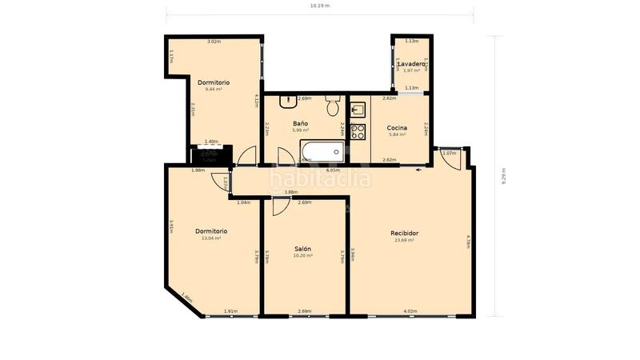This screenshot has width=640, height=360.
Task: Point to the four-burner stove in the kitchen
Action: (x=358, y=132)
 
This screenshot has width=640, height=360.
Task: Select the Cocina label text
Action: (x=397, y=128)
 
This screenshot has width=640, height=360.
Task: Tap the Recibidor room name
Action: (x=404, y=233)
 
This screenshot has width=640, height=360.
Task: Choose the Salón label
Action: (x=302, y=249)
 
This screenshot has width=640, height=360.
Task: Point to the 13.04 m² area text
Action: (x=211, y=238)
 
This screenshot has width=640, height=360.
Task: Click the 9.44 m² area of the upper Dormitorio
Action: (x=214, y=89)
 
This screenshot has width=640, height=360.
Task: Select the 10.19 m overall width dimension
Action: (x=320, y=6)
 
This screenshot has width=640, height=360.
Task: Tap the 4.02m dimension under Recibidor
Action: (x=410, y=311)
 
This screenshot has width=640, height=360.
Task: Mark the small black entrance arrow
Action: (x=419, y=170)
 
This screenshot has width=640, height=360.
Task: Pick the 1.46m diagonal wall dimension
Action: (x=186, y=298)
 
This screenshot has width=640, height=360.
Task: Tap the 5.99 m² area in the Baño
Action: (x=301, y=131)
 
